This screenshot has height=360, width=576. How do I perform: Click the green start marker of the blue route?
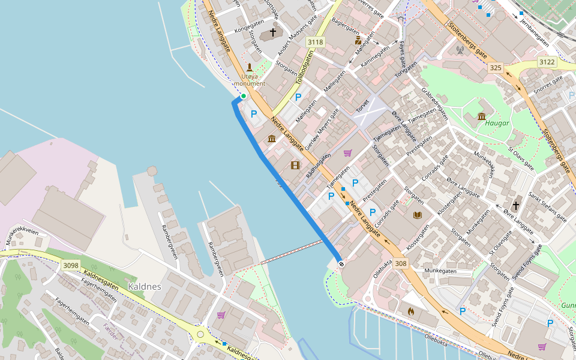tap(244, 96)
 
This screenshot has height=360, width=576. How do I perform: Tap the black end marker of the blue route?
tap(341, 264)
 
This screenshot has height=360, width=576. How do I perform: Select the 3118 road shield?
tap(314, 42)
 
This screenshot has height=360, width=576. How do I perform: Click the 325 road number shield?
tap(495, 68)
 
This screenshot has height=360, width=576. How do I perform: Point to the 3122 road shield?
tap(547, 62)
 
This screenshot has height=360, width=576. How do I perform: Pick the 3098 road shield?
tap(70, 265)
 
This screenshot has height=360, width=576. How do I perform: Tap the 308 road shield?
tap(401, 263)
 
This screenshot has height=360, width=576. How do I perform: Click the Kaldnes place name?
tap(145, 287)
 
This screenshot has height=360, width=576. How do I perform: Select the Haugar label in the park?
tap(497, 124)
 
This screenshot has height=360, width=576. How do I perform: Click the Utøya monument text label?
tap(249, 80)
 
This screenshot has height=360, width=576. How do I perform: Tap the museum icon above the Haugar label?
tap(482, 116)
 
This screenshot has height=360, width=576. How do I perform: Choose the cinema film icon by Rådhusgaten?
tap(295, 165)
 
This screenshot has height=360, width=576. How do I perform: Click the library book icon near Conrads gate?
tap(418, 215)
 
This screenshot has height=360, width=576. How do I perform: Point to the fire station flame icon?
tap(411, 311)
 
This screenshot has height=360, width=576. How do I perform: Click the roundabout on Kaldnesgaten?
tap(200, 334)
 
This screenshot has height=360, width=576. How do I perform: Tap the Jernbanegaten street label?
tap(535, 33)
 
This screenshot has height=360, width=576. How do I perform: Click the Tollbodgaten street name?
tap(305, 67)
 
